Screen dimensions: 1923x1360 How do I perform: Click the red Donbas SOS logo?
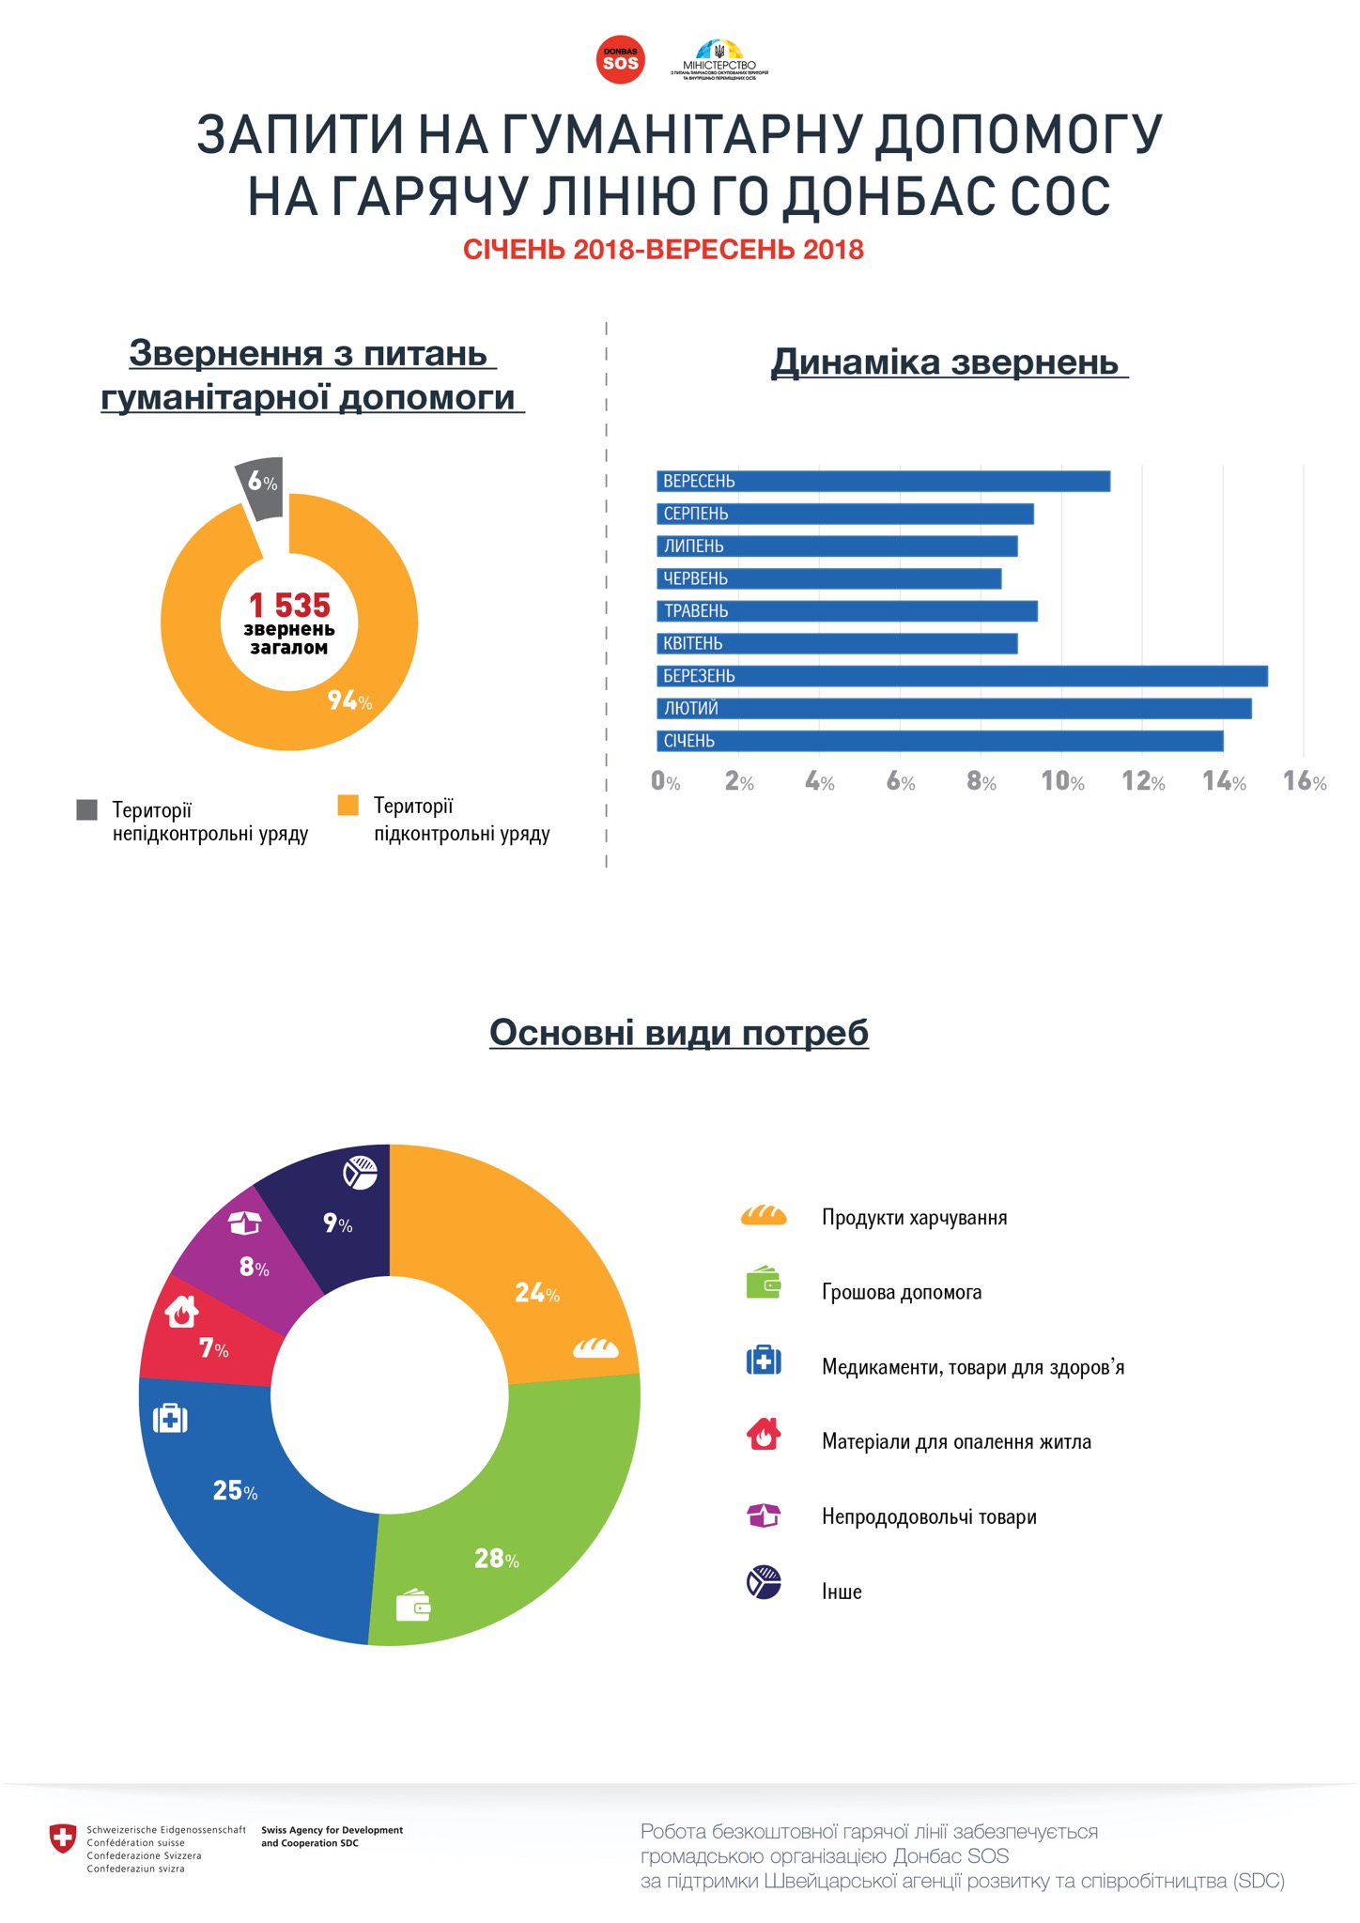(x=620, y=60)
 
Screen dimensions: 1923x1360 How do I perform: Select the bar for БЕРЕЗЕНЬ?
(x=962, y=676)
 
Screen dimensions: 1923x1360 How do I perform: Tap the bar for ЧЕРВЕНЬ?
(x=828, y=578)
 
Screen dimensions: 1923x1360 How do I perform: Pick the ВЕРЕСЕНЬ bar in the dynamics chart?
(x=883, y=482)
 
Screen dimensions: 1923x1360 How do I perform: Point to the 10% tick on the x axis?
(x=1062, y=782)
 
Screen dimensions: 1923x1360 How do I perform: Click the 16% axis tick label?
(x=1305, y=782)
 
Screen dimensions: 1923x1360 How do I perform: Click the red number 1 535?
(x=289, y=606)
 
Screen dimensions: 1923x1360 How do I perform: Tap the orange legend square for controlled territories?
(x=348, y=806)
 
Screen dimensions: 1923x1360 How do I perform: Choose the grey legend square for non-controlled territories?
(x=87, y=809)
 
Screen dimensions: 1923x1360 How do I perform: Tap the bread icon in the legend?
(x=763, y=1216)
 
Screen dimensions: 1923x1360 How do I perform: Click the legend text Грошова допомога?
(x=902, y=1292)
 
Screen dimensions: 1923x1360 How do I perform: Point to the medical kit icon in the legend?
(x=763, y=1361)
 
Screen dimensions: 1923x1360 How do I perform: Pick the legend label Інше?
(x=842, y=1592)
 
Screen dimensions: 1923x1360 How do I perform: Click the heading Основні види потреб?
(x=679, y=1032)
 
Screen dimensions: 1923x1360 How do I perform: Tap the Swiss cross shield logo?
(x=63, y=1838)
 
